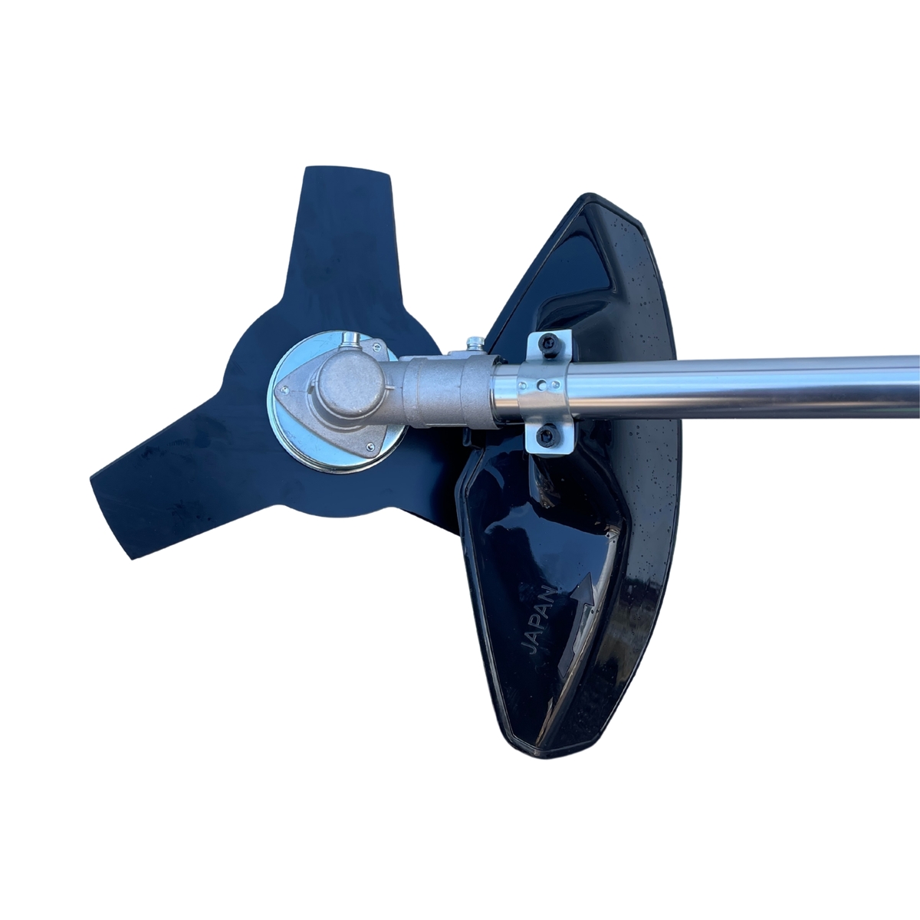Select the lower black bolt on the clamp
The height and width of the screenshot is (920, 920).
click(x=546, y=434)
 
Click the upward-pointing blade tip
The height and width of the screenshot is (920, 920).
click(x=349, y=170)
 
